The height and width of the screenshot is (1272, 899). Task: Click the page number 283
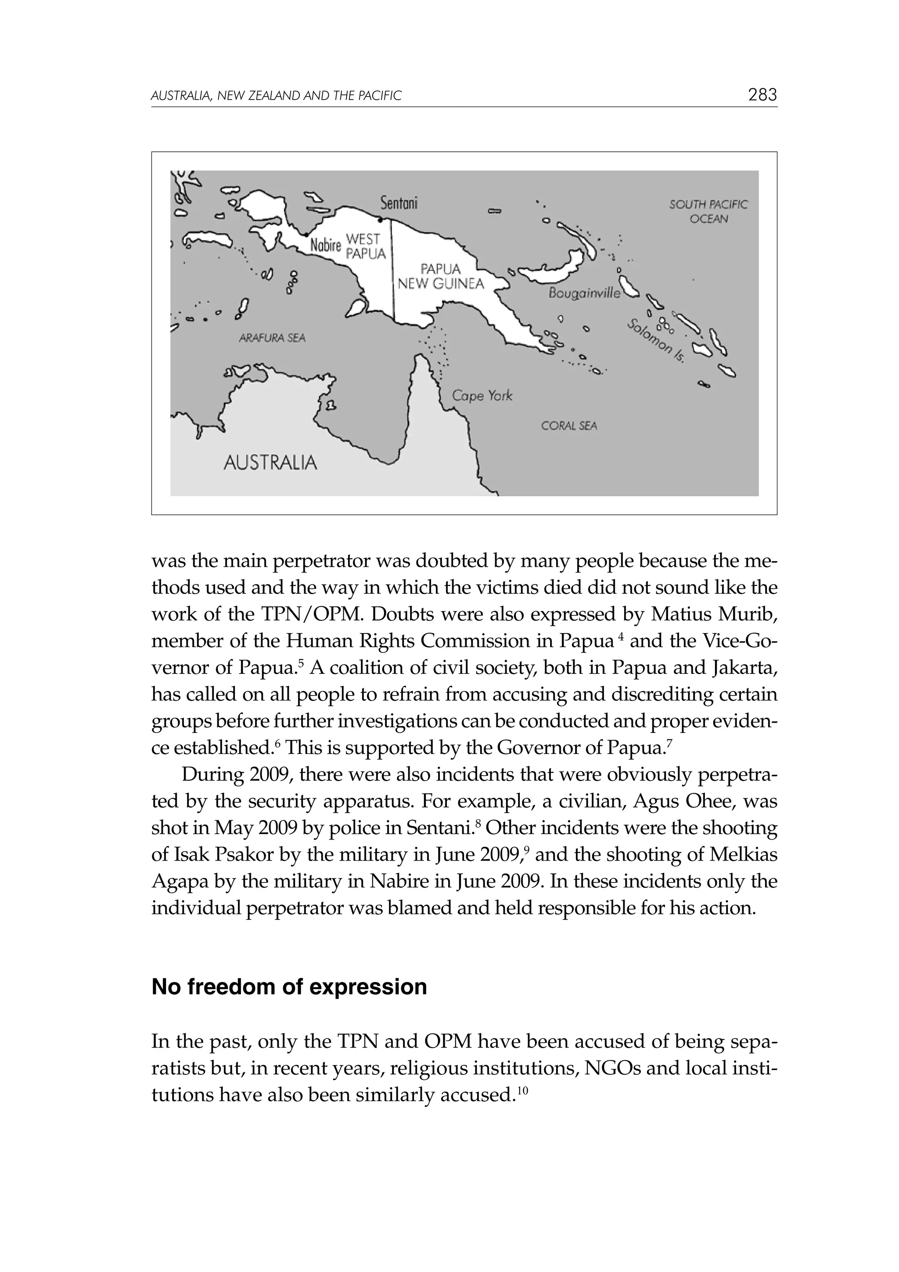coord(762,95)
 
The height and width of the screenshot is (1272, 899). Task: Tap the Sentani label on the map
coord(399,204)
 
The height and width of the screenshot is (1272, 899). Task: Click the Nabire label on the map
coord(325,245)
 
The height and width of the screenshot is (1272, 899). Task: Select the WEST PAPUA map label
coord(365,246)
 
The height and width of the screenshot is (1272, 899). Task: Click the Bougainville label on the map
coord(584,294)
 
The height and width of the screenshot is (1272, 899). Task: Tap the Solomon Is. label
coord(656,341)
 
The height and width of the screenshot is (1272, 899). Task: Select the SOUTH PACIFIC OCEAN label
coord(708,212)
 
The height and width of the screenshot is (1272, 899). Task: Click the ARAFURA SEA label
coord(272,338)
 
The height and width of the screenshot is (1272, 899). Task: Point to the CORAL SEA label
coord(569,425)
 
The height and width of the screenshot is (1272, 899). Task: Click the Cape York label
coord(482,396)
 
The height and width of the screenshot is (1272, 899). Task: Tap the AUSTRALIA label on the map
coord(270,462)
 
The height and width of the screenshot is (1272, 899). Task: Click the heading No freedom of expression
coord(289,987)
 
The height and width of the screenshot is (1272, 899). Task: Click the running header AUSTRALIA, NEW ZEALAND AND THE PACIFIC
coord(276,96)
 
